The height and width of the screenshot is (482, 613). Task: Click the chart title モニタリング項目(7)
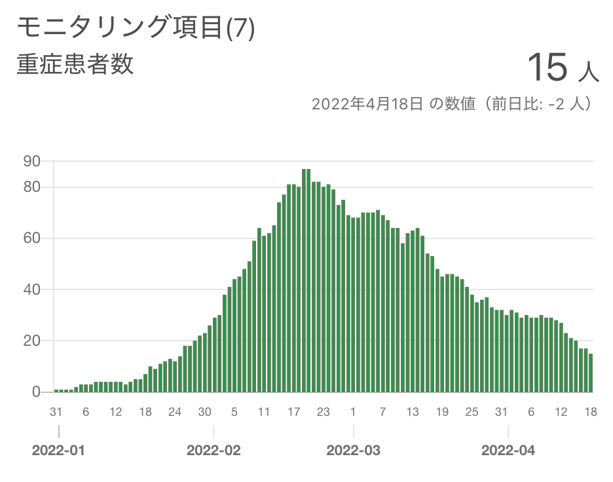(x=135, y=28)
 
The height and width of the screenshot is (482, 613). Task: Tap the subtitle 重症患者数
(x=75, y=64)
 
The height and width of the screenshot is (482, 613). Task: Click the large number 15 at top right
(x=547, y=67)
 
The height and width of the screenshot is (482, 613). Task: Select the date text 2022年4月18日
(x=367, y=104)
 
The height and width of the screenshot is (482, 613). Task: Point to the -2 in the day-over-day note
(x=558, y=104)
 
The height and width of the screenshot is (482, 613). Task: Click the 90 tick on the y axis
(x=32, y=161)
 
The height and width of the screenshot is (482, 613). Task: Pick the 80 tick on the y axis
(x=32, y=187)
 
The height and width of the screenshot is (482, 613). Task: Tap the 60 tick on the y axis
(x=32, y=238)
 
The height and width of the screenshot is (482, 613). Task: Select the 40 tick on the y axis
(x=32, y=289)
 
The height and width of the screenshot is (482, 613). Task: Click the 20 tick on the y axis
(x=32, y=341)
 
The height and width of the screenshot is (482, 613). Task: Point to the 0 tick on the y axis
(x=36, y=392)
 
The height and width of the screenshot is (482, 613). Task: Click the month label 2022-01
(x=59, y=451)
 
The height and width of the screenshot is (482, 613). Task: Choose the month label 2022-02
(x=214, y=451)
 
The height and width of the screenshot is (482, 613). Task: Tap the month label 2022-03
(x=354, y=451)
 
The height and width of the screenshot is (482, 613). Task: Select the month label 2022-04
(x=508, y=451)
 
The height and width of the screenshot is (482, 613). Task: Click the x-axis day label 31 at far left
(x=56, y=412)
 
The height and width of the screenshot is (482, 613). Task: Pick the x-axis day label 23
(x=324, y=412)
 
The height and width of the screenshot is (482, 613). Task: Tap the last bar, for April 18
(x=591, y=373)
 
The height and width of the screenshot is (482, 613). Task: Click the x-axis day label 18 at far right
(x=591, y=412)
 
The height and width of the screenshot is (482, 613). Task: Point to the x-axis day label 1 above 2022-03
(x=354, y=412)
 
